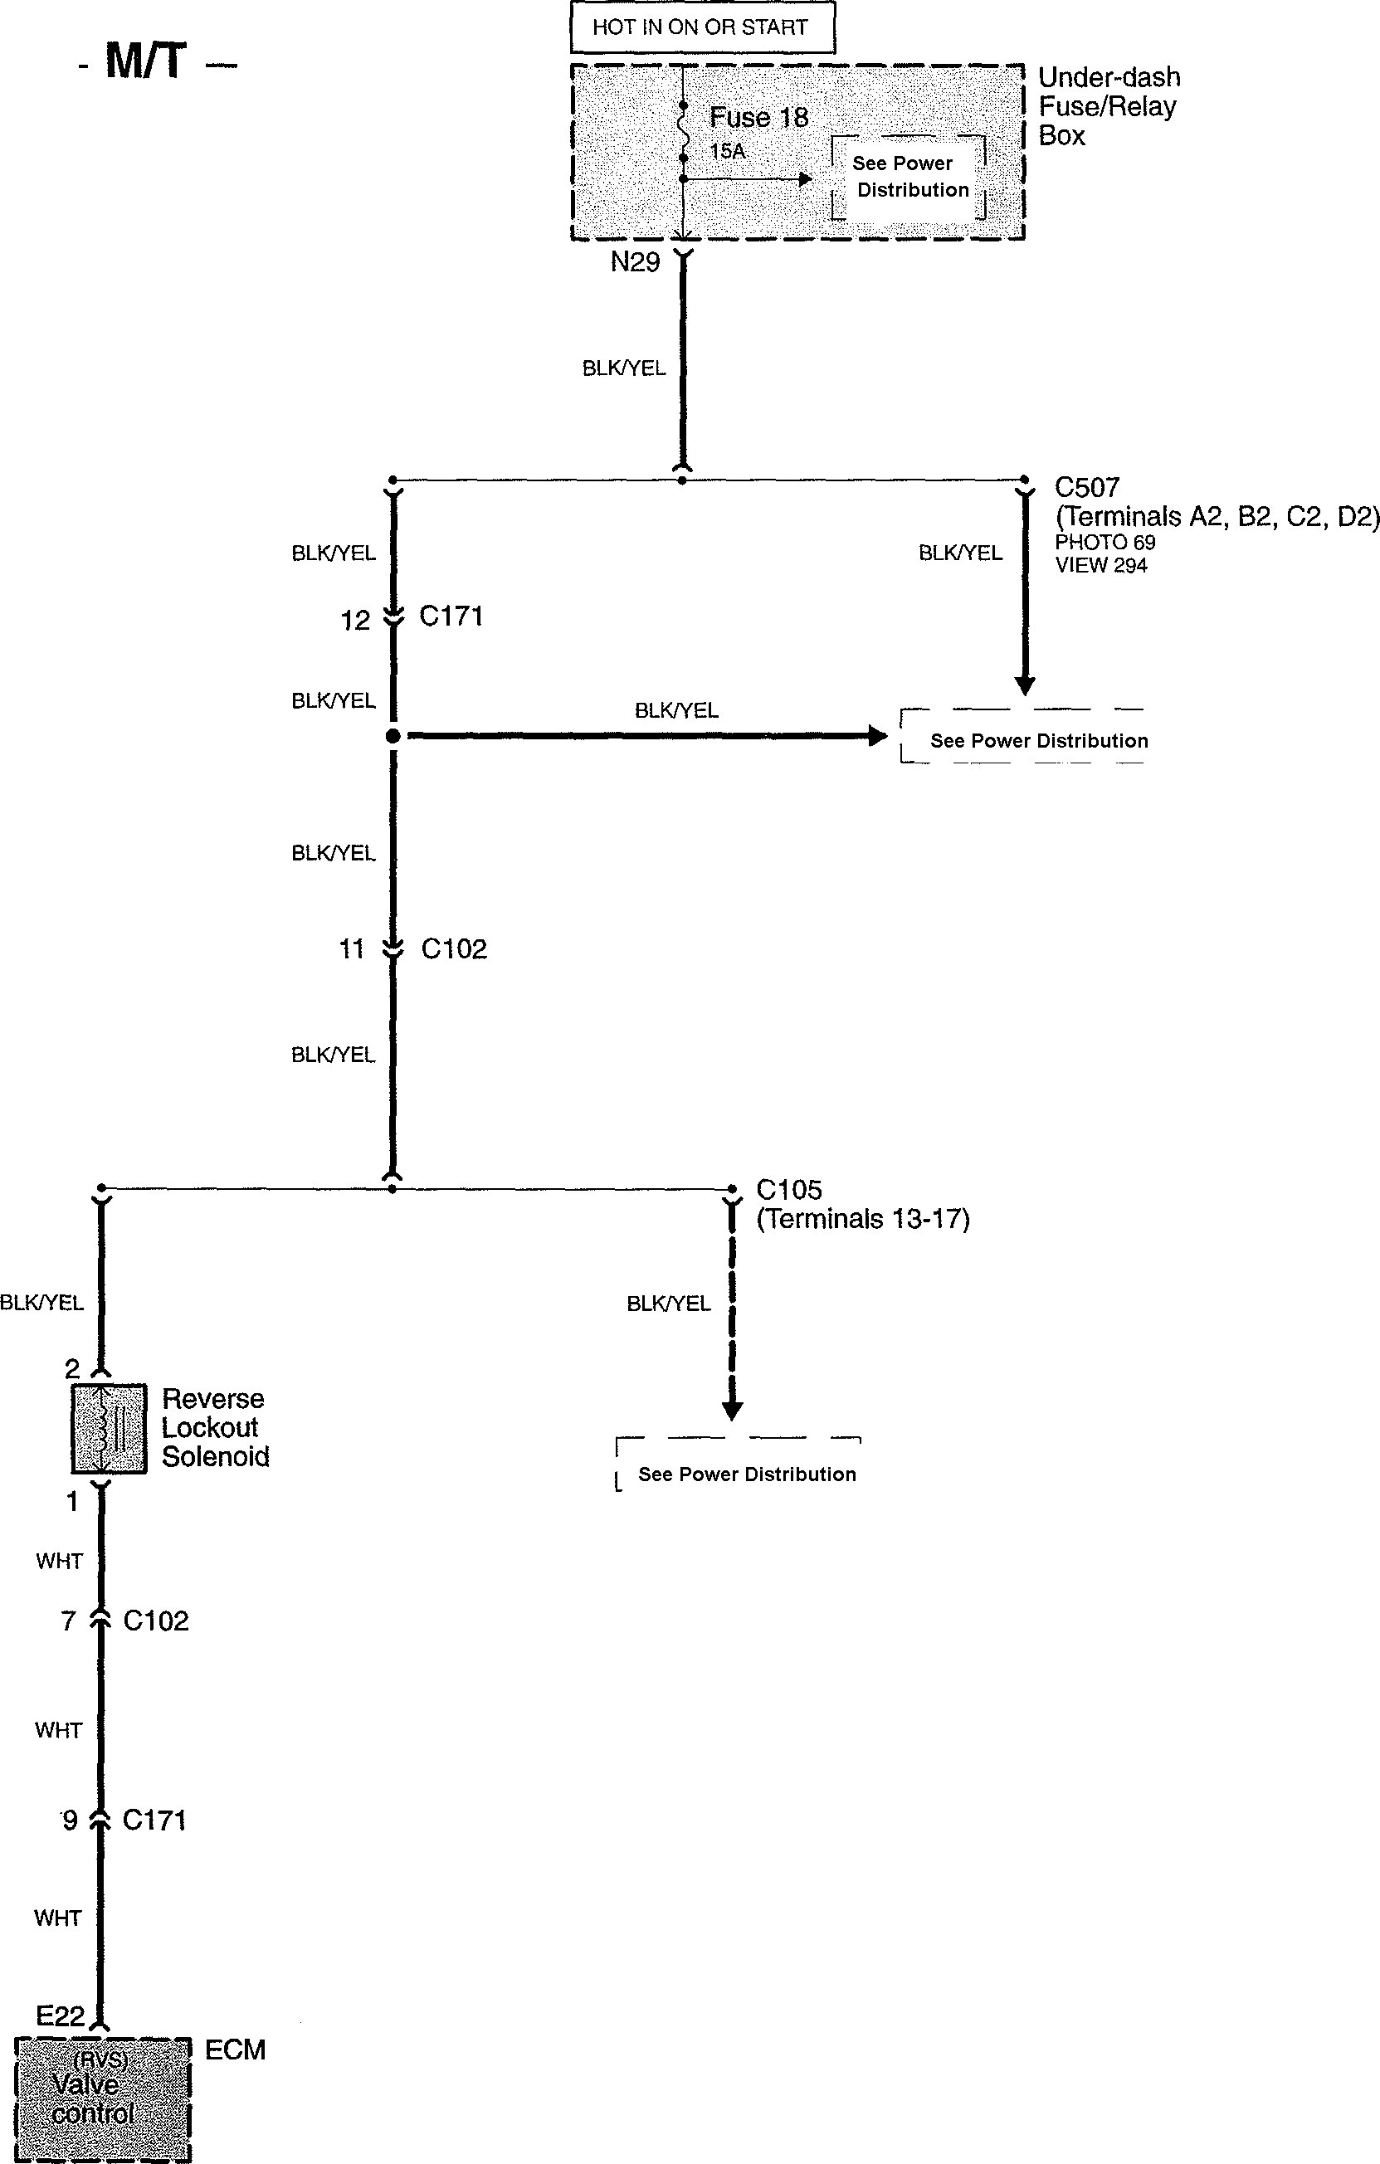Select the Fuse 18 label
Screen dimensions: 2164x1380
[758, 118]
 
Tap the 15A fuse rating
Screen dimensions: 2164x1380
[727, 151]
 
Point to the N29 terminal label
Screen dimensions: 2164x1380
[635, 262]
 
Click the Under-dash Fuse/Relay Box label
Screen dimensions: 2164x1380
[1109, 106]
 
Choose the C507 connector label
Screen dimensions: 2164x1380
[1087, 488]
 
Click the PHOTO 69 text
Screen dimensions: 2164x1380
[1104, 542]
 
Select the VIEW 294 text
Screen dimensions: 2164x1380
[1101, 565]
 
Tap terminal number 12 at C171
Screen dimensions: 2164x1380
[355, 620]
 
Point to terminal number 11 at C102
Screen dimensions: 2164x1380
[352, 949]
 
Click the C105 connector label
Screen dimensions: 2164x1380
[788, 1190]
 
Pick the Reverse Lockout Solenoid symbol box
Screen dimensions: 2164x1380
[109, 1428]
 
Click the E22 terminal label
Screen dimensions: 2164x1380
[60, 2015]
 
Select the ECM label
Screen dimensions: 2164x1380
[235, 2049]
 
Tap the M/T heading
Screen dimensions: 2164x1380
[147, 62]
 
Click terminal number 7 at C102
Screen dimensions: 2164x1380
[68, 1621]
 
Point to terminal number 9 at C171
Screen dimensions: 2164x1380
[69, 1820]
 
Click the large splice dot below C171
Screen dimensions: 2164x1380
[393, 736]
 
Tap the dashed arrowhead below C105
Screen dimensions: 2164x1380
[732, 1410]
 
